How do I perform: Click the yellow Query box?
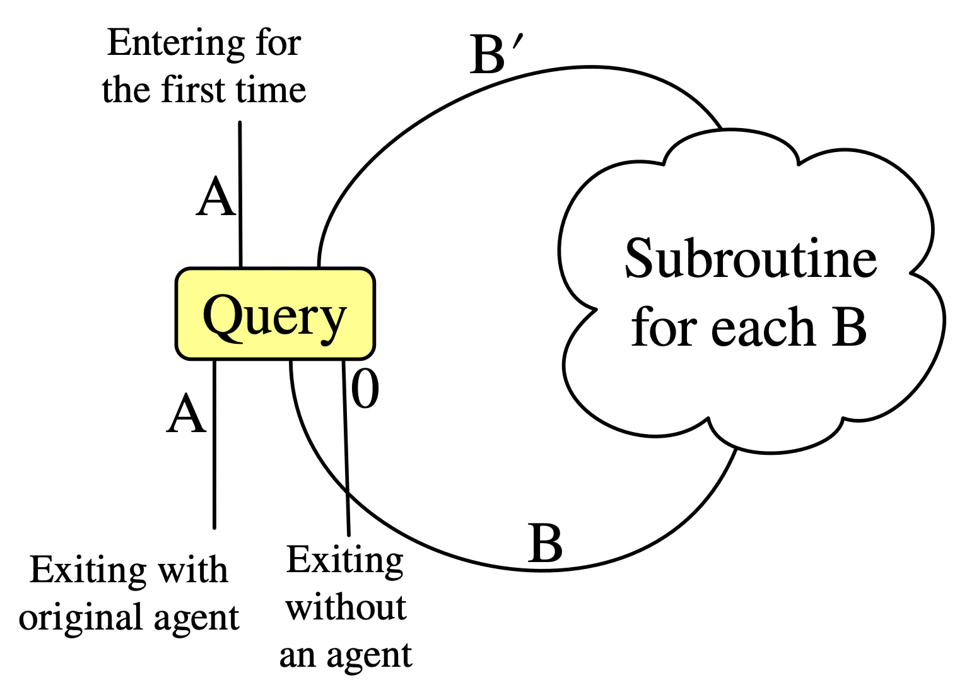pyautogui.click(x=275, y=314)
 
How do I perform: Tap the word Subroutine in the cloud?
pyautogui.click(x=750, y=259)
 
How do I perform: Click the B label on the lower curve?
pyautogui.click(x=545, y=543)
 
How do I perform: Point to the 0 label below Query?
pyautogui.click(x=365, y=389)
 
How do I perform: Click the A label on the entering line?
pyautogui.click(x=216, y=197)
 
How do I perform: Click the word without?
pyautogui.click(x=346, y=607)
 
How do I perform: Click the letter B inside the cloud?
pyautogui.click(x=848, y=328)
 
